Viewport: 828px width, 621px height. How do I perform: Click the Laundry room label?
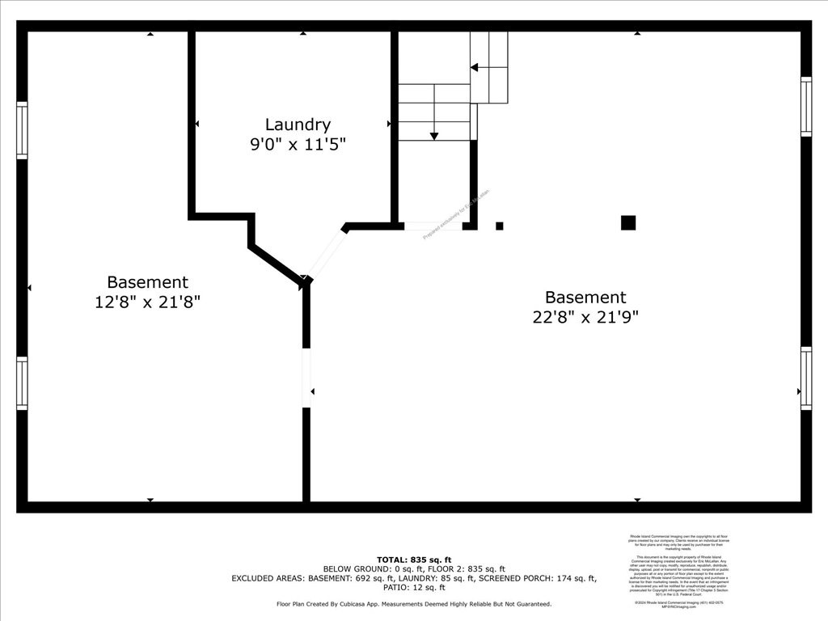click(298, 125)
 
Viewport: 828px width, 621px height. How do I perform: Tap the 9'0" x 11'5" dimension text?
click(298, 145)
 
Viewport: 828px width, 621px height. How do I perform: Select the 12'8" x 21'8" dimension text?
click(147, 302)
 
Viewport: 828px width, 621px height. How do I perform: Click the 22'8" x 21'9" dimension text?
click(585, 317)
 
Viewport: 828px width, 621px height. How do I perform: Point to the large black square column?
click(628, 222)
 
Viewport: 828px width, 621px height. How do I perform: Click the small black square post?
click(500, 226)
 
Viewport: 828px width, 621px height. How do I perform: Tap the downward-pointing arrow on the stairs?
click(434, 135)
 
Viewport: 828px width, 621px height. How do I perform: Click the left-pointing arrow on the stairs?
click(475, 67)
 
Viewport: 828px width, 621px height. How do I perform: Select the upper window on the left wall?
click(23, 130)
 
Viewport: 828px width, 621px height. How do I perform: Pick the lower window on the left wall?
click(23, 383)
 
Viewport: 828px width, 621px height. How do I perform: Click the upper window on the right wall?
click(805, 106)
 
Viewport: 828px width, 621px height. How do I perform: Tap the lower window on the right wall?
click(805, 378)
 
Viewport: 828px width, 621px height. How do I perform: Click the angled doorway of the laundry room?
click(327, 252)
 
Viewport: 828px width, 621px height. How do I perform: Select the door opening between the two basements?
click(306, 378)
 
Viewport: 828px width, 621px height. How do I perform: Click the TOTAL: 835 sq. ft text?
click(414, 560)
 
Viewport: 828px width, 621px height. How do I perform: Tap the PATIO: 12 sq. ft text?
click(414, 588)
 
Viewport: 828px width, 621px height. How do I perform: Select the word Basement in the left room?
click(147, 282)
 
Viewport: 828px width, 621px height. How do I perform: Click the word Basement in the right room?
click(585, 297)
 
